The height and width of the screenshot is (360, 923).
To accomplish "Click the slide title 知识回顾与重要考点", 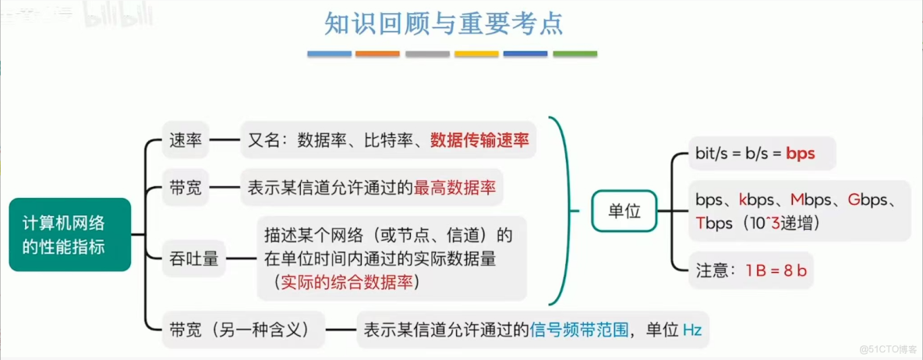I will point(444,23).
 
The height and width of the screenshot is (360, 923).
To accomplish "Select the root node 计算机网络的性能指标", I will point(69,235).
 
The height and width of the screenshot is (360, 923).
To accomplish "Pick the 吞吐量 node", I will point(194,259).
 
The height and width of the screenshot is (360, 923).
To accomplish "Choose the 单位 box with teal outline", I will point(624,210).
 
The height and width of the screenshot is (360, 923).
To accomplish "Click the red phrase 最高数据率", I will point(454,188).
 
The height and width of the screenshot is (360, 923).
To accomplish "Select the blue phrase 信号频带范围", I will point(578,330).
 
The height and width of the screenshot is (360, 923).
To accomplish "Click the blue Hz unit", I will point(691,330).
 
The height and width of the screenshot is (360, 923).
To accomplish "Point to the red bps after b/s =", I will point(800,154).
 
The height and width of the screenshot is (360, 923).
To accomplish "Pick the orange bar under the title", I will point(378,54).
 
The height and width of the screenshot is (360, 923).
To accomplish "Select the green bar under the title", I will point(575,54).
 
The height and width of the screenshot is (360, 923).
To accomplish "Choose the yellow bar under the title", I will point(476,54).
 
